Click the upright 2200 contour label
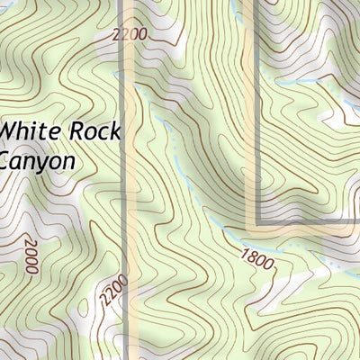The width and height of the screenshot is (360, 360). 130,35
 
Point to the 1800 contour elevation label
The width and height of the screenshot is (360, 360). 256,257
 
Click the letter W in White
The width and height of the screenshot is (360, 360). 10,130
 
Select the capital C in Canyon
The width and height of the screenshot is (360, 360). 7,161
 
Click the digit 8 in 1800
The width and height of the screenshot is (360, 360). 251,255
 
